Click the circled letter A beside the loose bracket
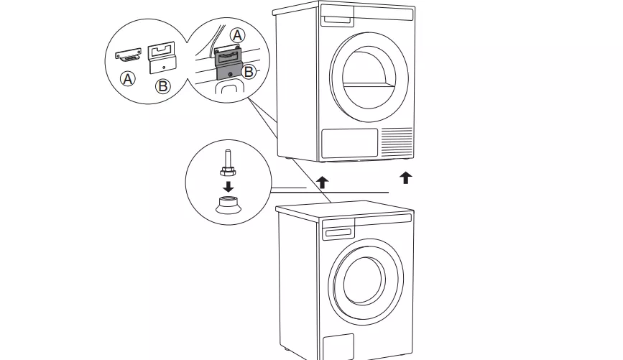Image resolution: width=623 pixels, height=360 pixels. click(x=127, y=78)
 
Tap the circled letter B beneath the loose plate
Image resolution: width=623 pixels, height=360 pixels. click(x=162, y=86)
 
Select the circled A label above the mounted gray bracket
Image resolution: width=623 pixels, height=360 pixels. click(x=238, y=35)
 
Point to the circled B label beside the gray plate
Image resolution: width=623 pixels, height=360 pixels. click(x=249, y=72)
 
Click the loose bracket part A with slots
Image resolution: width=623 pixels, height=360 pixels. click(x=129, y=55)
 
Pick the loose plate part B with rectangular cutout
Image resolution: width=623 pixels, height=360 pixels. click(x=162, y=57)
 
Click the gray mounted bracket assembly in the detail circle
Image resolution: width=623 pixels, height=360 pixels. click(x=229, y=63)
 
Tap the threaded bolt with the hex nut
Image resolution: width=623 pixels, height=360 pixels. click(x=228, y=164)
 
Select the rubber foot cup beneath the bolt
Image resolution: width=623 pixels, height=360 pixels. click(x=228, y=204)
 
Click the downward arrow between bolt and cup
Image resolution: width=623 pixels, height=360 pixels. click(x=228, y=186)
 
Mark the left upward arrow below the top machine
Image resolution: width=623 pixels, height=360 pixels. click(x=322, y=183)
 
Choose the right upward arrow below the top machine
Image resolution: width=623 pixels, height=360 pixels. click(x=405, y=177)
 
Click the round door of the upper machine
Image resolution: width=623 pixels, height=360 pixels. click(x=369, y=77)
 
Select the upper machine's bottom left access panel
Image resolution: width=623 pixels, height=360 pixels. click(x=349, y=143)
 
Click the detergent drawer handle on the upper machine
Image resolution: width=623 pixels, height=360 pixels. click(x=338, y=21)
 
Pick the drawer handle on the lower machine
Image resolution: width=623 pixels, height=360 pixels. click(x=338, y=233)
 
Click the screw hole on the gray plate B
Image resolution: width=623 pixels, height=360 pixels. click(x=231, y=74)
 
